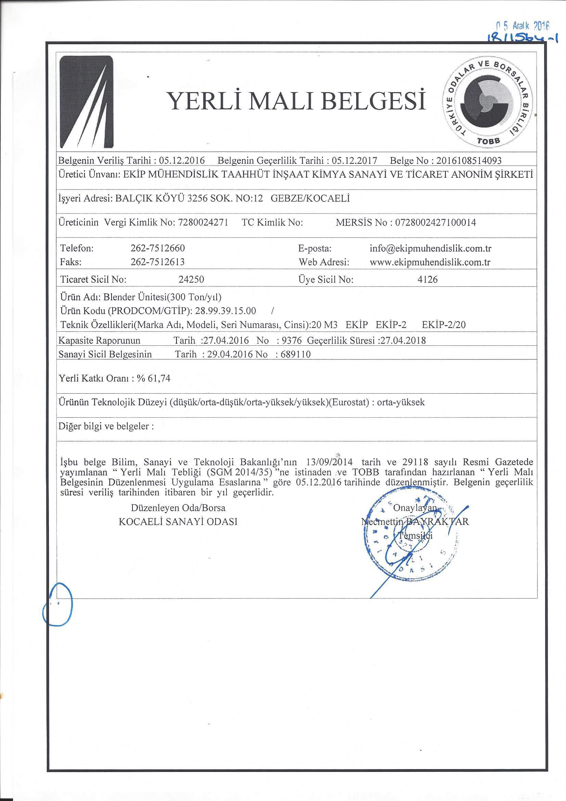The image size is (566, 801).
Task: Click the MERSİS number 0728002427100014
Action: pos(435,222)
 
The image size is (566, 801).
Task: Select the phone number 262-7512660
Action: pos(157,248)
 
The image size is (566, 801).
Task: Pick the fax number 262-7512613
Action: pos(157,262)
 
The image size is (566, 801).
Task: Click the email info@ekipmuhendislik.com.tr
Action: pos(430,248)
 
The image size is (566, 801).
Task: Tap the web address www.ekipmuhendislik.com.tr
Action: pos(430,262)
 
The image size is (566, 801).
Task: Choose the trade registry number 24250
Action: pos(191,280)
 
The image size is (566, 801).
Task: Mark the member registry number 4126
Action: pos(428,280)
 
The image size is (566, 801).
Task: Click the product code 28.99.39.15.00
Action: pos(226,310)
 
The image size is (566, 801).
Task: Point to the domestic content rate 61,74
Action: pos(159,378)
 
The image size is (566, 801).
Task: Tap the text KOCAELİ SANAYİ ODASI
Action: pos(178,521)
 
